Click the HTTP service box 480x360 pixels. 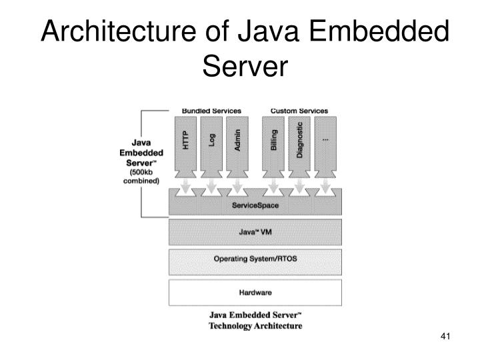(x=185, y=141)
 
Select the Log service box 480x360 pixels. (x=212, y=141)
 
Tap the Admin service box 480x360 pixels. (x=238, y=141)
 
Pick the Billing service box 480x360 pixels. (x=274, y=141)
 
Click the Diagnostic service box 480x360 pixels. (x=299, y=141)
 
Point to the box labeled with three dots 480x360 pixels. (x=325, y=141)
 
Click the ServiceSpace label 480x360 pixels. (x=255, y=205)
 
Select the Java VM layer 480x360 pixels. (x=255, y=232)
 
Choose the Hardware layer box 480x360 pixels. (x=255, y=292)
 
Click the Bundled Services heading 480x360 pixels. (x=212, y=110)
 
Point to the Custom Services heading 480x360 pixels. (x=299, y=110)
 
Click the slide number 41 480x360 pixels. (x=446, y=336)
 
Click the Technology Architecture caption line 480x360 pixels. (x=255, y=326)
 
